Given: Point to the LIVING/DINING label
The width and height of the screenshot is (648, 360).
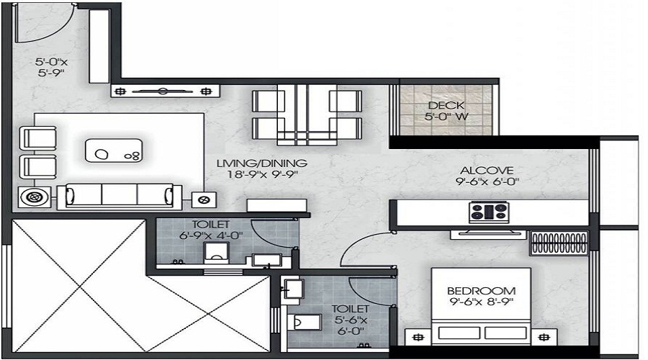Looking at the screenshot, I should (262, 163).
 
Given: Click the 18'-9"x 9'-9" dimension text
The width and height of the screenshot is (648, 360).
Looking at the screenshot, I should (262, 174).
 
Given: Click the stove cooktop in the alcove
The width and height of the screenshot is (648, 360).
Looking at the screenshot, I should (487, 212).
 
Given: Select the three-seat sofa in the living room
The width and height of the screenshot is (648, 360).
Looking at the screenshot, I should (119, 194).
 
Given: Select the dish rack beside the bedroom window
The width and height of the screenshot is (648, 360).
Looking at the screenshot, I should (559, 243).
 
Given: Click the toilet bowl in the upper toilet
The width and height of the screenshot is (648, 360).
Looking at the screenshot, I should (215, 253).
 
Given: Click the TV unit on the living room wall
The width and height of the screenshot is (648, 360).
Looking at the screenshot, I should (166, 91).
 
